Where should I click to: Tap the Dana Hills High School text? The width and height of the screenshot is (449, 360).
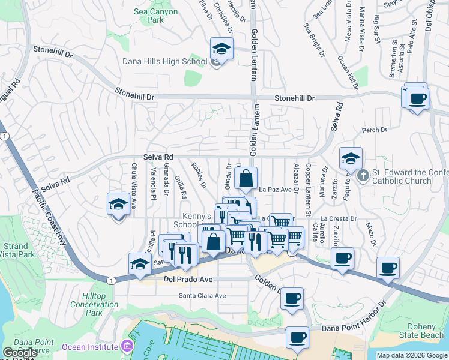pos(164,61)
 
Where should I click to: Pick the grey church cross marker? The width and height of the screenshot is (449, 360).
pos(362,176)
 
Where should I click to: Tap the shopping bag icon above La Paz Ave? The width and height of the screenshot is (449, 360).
pos(246,178)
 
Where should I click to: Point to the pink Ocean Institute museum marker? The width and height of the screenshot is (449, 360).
pos(127,346)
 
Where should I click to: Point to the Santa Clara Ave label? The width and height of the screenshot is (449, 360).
pos(202,295)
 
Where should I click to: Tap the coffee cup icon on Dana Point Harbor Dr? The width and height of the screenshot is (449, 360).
pos(297,337)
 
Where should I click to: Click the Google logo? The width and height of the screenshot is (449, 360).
pos(20,353)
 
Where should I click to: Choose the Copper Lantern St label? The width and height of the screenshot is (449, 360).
pos(308,190)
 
